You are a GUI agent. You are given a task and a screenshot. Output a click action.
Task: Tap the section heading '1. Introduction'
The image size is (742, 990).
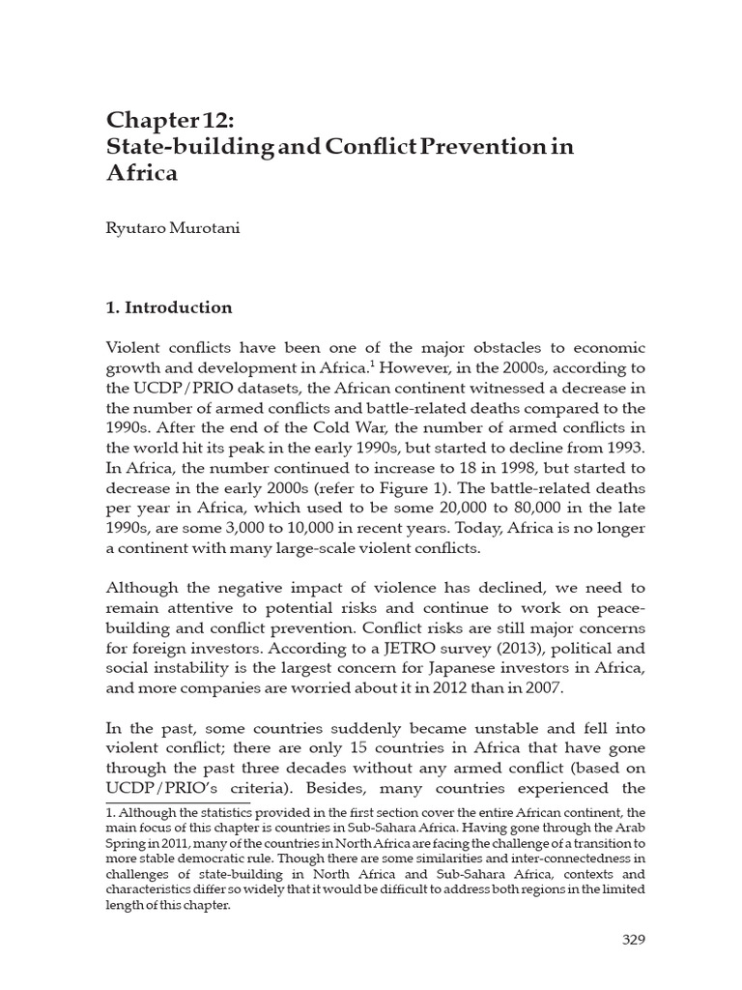click(169, 307)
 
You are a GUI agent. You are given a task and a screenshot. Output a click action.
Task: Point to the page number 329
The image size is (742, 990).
click(632, 939)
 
